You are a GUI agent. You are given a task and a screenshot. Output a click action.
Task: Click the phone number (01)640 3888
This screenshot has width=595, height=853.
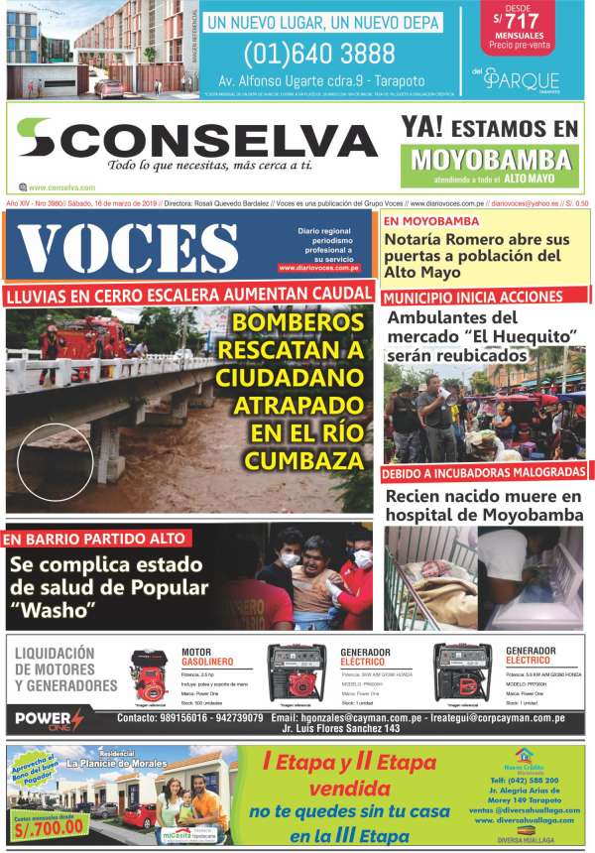tap(303, 53)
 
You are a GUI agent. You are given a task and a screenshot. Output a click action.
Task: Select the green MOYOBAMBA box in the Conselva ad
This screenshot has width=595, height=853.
tap(493, 160)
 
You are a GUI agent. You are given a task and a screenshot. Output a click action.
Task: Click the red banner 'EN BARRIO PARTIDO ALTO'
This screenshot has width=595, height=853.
tap(95, 539)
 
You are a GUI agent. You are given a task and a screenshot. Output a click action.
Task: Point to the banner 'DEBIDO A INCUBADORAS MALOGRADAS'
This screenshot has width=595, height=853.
tap(483, 472)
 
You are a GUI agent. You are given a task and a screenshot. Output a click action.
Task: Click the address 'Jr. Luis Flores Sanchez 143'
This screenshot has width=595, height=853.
tap(341, 728)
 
